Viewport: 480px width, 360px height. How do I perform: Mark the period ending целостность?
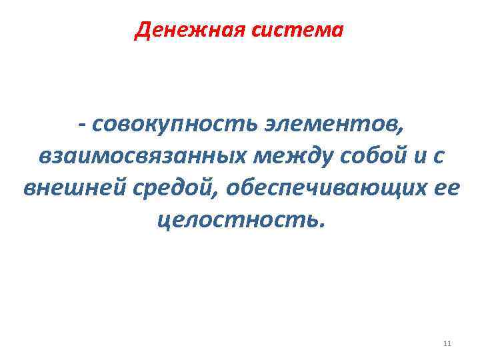point(323,225)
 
